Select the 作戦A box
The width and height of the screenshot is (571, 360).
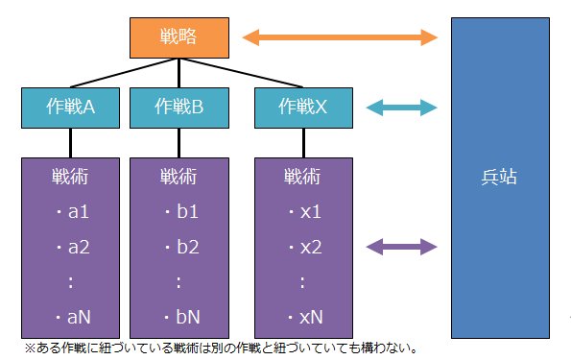pos(69,108)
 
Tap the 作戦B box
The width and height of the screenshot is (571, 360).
pos(177,108)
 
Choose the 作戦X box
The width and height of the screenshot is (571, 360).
pos(302,108)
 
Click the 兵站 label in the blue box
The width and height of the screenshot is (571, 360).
pos(501,179)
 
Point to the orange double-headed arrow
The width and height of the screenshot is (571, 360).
pos(341,37)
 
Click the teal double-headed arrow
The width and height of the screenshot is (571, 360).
pos(395,108)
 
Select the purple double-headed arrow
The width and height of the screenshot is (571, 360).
pos(395,247)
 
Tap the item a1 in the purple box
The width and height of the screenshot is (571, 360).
pos(73,212)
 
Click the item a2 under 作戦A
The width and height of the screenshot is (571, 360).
pos(73,247)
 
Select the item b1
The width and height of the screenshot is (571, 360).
pos(180,212)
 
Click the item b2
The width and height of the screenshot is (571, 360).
pos(180,247)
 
